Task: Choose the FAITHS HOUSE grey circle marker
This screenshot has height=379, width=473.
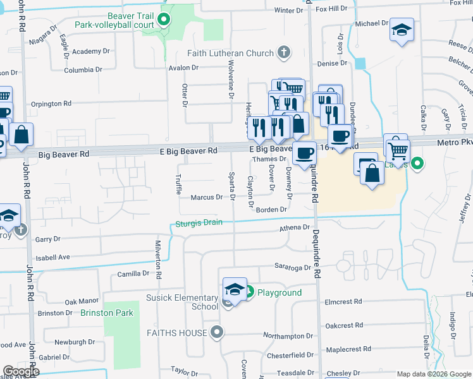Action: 218,332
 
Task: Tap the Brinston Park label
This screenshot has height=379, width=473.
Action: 106,313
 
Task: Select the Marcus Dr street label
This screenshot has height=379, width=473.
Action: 207,197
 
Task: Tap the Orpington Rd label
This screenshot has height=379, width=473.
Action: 51,104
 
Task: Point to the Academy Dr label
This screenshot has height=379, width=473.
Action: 91,51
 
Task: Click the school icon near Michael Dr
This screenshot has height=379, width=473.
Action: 401,30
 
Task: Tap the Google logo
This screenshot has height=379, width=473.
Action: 20,371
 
